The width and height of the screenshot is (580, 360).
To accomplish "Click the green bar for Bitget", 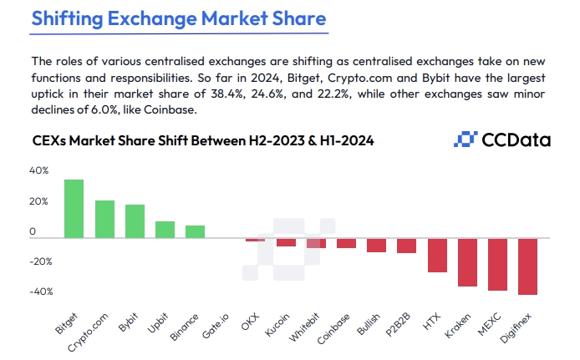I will (74, 209).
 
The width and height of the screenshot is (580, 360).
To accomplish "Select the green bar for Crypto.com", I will (104, 219).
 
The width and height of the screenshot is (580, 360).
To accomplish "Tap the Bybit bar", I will (135, 221).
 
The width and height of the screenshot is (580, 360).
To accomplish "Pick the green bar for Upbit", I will (165, 230).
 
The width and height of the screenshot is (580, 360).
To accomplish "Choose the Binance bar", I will (195, 231).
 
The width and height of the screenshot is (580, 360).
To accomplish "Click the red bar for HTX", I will (437, 255).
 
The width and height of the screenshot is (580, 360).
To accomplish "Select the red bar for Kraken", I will (467, 262).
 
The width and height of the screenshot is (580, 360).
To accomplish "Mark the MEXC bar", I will (497, 264).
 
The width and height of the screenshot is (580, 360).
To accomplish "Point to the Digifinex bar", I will (527, 266).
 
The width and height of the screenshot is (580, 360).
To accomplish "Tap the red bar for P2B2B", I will (407, 246).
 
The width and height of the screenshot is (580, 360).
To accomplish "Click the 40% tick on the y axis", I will (40, 170).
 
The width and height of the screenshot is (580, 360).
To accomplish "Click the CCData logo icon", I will (464, 139).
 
